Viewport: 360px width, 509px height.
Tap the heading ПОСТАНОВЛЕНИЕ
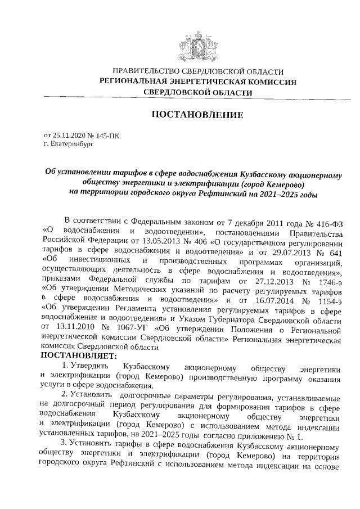(197, 115)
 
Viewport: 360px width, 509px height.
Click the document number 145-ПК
(107, 136)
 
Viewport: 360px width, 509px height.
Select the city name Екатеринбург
(69, 144)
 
